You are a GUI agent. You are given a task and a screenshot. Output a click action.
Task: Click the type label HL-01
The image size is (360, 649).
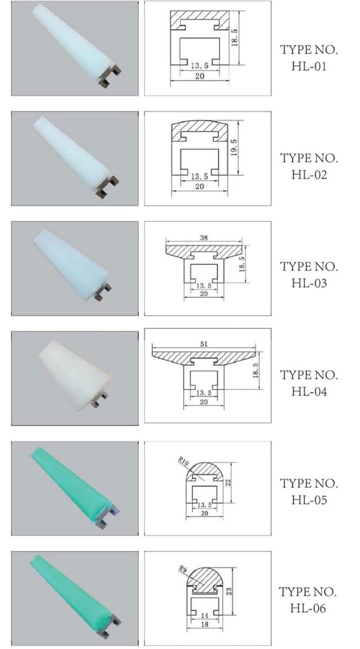[x=309, y=66]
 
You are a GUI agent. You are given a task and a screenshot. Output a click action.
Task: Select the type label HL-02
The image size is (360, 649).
[x=309, y=175]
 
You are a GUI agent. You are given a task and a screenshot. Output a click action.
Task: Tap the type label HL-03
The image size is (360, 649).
[x=309, y=283]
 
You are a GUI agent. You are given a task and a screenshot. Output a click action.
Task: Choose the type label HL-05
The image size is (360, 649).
[x=309, y=500]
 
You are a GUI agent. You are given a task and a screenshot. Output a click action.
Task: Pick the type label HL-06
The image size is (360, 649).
[x=308, y=608]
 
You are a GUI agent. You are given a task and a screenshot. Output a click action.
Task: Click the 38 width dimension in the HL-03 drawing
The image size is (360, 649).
[x=203, y=238]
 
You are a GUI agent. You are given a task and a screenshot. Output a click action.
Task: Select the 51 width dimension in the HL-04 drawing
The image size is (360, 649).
[x=203, y=344]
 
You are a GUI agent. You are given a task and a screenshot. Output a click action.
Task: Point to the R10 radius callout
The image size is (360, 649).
[x=183, y=462]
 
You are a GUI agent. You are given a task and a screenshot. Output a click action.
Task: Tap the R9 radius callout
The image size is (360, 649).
[x=183, y=570]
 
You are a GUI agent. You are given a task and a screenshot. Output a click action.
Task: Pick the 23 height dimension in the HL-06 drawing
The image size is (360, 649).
[x=229, y=591]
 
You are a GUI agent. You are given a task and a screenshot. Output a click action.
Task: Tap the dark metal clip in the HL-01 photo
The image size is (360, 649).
[x=110, y=77]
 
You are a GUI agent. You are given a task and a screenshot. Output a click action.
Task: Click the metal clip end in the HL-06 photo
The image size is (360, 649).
[x=108, y=627]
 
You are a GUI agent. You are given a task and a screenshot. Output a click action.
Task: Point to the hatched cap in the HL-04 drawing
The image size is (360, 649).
[x=203, y=356]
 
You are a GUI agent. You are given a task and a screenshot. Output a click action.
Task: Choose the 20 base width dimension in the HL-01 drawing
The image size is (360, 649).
[x=200, y=76]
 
